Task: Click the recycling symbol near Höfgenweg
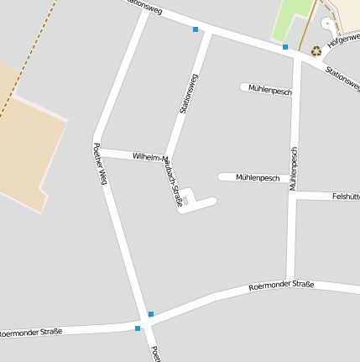pos(316,51)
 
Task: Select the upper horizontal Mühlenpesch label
pos(269,89)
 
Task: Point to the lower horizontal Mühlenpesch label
pos(258,178)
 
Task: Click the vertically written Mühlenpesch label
pos(294,168)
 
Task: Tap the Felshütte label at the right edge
pos(346,197)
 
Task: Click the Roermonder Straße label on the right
pos(281,286)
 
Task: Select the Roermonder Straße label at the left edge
pos(30,333)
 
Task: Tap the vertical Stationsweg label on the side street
pos(189,93)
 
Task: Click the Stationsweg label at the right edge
pos(343,78)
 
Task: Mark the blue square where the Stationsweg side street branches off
pos(196,29)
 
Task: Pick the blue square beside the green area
pos(285,47)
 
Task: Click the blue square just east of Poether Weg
pos(151,314)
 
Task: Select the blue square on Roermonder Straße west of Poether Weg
pos(138,328)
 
